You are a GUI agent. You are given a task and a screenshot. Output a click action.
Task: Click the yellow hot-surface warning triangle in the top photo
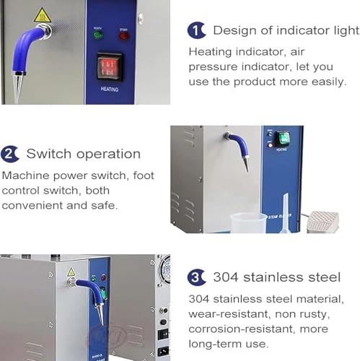click(43, 14)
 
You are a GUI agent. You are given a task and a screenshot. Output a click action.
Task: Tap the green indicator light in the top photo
click(99, 34)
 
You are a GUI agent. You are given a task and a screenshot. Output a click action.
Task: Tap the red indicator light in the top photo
click(123, 34)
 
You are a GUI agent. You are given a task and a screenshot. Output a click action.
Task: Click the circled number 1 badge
click(196, 30)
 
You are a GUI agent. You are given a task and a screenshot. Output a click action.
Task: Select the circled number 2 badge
click(10, 154)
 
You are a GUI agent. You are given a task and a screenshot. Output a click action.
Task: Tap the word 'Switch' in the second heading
click(46, 154)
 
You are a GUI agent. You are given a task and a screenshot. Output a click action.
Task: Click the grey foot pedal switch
click(322, 222)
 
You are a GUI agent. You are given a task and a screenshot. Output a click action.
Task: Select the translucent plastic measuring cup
click(249, 222)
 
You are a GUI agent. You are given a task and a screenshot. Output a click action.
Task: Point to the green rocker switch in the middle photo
click(284, 136)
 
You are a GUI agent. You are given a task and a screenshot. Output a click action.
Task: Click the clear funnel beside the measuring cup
click(284, 213)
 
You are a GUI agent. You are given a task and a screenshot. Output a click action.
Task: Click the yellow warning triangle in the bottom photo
click(71, 271)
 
